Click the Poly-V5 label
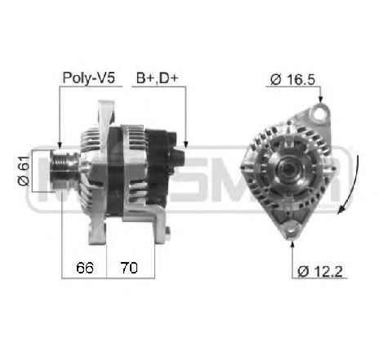point(88,79)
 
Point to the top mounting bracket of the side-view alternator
point(105,110)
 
